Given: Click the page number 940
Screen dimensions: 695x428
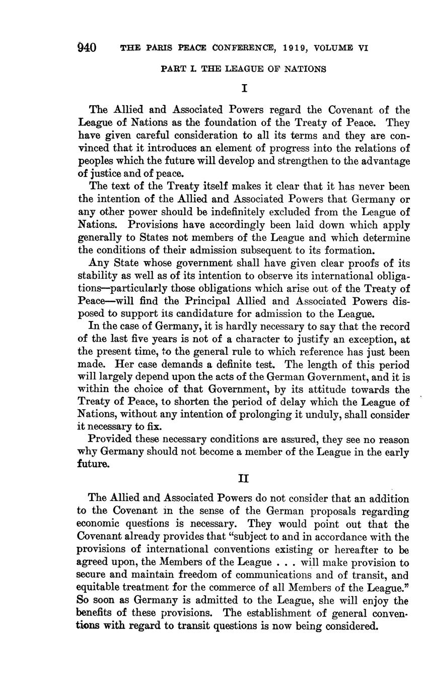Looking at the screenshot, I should (x=87, y=48).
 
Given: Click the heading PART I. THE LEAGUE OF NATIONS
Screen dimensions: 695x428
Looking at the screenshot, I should (x=243, y=69).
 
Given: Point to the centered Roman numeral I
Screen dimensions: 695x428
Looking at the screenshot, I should (x=244, y=89).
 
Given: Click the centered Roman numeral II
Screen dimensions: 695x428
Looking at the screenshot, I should (x=244, y=478).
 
